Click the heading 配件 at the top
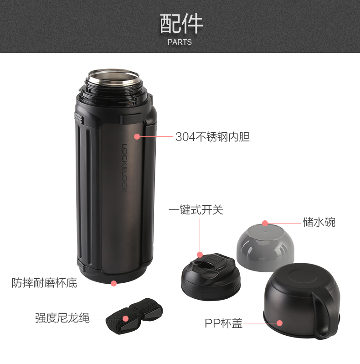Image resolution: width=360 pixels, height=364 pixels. click(181, 24)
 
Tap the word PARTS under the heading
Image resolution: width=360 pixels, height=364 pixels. click(180, 42)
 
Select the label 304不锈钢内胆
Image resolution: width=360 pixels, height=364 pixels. click(212, 137)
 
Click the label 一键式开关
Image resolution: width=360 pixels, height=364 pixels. click(196, 210)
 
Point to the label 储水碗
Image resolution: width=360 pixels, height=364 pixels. click(319, 222)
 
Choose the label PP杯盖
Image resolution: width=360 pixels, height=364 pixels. click(224, 323)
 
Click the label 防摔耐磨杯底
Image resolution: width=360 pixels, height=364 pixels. click(44, 283)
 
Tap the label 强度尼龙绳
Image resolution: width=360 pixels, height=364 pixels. click(62, 318)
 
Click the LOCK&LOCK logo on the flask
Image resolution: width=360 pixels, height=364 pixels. click(124, 168)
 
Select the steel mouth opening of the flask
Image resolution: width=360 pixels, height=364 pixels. click(113, 77)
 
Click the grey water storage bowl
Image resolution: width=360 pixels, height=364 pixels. click(265, 247)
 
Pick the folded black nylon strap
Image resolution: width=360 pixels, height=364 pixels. click(134, 317)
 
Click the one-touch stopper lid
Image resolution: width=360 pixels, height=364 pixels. click(211, 277)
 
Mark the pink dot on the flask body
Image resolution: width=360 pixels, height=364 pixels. click(137, 136)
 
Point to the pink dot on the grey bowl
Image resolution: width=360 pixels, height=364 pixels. click(265, 224)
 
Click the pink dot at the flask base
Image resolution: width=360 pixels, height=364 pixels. click(113, 283)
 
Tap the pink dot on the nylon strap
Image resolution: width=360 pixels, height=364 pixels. click(125, 318)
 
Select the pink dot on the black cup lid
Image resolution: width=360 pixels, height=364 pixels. click(279, 323)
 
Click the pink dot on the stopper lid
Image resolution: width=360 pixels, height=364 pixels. click(200, 255)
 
